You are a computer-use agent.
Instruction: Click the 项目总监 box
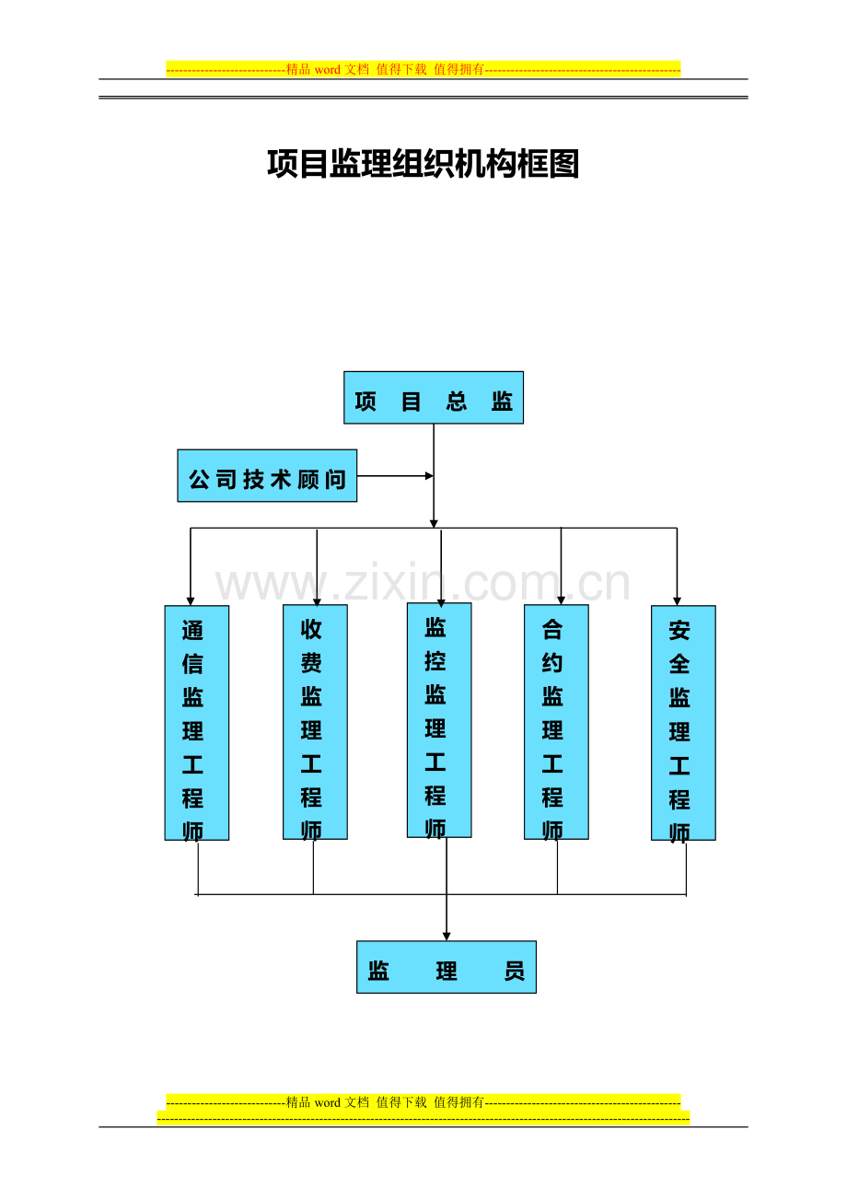tap(434, 398)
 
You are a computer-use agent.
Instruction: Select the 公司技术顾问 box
tap(267, 475)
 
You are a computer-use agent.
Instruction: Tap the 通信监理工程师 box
tap(196, 723)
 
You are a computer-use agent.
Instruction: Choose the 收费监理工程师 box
tap(315, 722)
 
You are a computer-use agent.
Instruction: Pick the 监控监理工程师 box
tap(439, 720)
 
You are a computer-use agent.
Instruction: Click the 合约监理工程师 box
tap(556, 722)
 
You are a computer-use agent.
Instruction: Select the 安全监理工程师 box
tap(683, 723)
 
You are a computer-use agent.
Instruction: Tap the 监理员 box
tap(447, 967)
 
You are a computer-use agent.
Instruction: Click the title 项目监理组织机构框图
tap(423, 163)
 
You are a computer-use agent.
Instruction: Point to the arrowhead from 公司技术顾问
tap(429, 476)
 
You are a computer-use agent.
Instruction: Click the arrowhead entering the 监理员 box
tap(447, 937)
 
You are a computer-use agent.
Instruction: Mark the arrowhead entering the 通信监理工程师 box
tap(191, 601)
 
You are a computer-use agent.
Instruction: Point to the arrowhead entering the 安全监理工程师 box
tap(677, 601)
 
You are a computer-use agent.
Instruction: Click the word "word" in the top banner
tap(328, 70)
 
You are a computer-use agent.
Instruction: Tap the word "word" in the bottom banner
tap(328, 1102)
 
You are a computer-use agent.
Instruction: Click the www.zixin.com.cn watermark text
tap(423, 584)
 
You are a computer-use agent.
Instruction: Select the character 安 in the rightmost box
tap(679, 630)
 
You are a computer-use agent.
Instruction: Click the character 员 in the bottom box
tap(515, 971)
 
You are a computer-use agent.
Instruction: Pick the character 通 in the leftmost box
tap(192, 630)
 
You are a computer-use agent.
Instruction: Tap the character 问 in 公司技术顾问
tap(335, 479)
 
